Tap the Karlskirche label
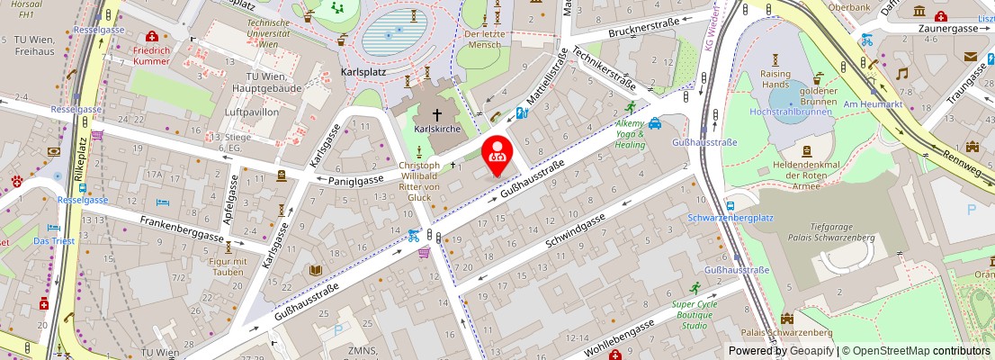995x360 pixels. tap(437, 130)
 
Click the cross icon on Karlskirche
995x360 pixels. tap(438, 114)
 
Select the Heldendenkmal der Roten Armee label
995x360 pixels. tap(806, 168)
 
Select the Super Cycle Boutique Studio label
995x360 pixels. tap(694, 315)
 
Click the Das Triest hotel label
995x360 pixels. tap(53, 241)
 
